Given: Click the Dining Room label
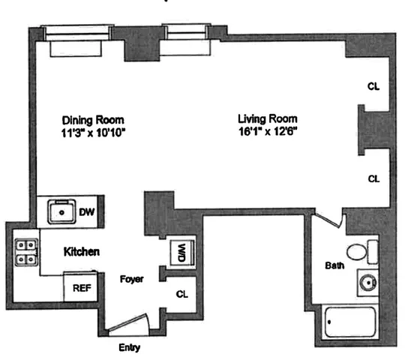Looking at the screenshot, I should click(x=93, y=119).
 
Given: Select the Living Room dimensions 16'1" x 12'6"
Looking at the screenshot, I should click(x=267, y=133).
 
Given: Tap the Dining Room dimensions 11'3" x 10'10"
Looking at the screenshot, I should click(x=93, y=133).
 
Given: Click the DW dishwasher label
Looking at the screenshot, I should click(x=88, y=211).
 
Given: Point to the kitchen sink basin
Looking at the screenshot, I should click(x=59, y=212).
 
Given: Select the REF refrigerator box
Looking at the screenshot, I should click(x=80, y=287).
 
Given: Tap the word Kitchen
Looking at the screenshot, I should click(x=82, y=251).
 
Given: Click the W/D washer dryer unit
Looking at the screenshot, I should click(x=180, y=253).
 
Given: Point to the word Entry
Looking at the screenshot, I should click(x=129, y=348).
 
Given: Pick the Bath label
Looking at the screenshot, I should click(x=334, y=265).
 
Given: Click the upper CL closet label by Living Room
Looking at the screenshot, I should click(x=373, y=86).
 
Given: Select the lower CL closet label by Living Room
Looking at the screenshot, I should click(x=373, y=178).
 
